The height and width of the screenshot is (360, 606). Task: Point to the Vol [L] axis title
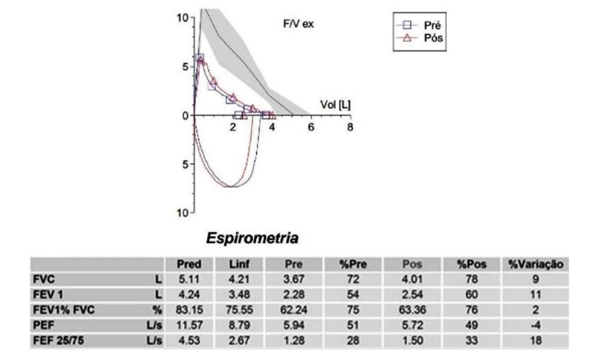(335, 105)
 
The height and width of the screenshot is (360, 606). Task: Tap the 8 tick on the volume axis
(350, 126)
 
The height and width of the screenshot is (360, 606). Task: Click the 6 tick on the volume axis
(311, 126)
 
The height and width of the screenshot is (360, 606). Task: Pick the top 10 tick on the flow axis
(183, 18)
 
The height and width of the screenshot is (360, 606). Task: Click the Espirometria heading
(252, 238)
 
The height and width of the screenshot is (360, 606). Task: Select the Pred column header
(189, 264)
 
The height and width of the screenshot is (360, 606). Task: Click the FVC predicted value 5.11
(190, 279)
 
